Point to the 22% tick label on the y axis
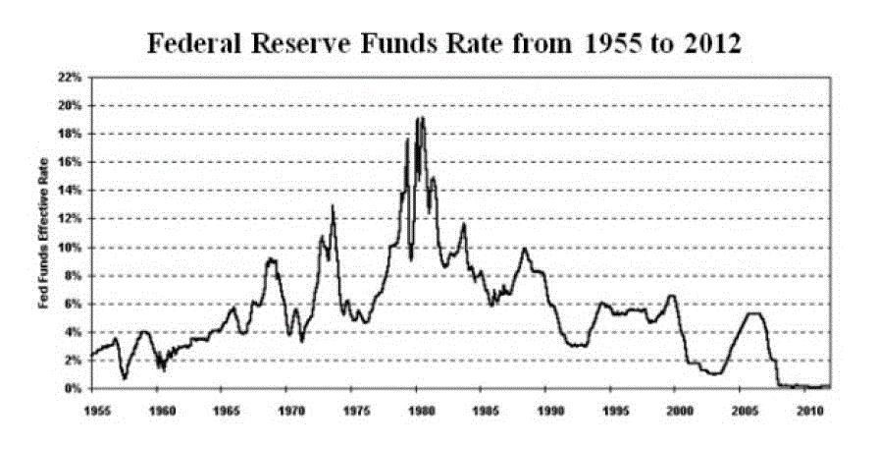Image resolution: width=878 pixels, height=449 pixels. [x=71, y=77]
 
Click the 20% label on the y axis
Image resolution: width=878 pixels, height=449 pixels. [x=71, y=105]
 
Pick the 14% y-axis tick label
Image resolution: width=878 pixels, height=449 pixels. [x=71, y=191]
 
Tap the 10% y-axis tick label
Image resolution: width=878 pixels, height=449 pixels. [x=71, y=248]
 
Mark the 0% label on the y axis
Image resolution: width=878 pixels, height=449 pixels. [x=74, y=389]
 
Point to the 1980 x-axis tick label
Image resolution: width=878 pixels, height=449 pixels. [x=418, y=406]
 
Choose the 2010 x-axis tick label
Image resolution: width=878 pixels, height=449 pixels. [x=806, y=406]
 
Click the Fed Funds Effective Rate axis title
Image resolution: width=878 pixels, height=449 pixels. [x=45, y=234]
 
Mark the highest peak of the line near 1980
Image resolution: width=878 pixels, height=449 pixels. [x=422, y=118]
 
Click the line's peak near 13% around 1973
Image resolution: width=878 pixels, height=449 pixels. [x=333, y=205]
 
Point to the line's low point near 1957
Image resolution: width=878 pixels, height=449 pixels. [x=125, y=378]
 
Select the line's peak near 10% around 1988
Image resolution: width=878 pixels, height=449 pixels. [x=525, y=249]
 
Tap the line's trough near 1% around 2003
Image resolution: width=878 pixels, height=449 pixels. [x=713, y=374]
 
